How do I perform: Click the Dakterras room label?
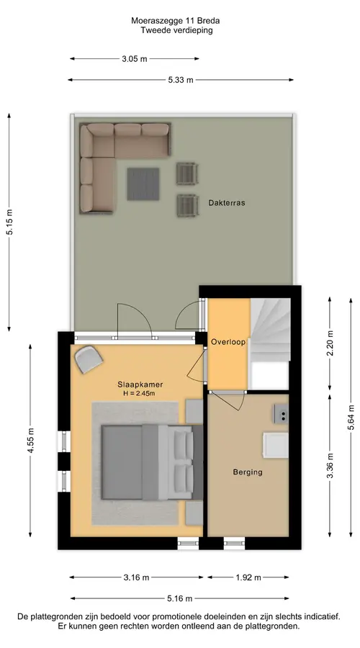(227, 203)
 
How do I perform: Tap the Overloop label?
(228, 342)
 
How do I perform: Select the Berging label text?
(248, 472)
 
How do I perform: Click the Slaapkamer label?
(139, 384)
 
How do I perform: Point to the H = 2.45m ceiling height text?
(139, 393)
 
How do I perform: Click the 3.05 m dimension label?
(135, 59)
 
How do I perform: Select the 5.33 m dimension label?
(181, 80)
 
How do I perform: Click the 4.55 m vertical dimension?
(30, 441)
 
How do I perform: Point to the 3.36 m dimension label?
(330, 466)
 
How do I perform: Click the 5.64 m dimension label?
(351, 418)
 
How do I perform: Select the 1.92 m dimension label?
(248, 577)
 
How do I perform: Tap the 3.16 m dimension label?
(136, 577)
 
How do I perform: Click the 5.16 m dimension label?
(180, 598)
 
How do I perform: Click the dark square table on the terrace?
(143, 184)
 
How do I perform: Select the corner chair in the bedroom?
(89, 359)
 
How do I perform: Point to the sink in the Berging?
(281, 414)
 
